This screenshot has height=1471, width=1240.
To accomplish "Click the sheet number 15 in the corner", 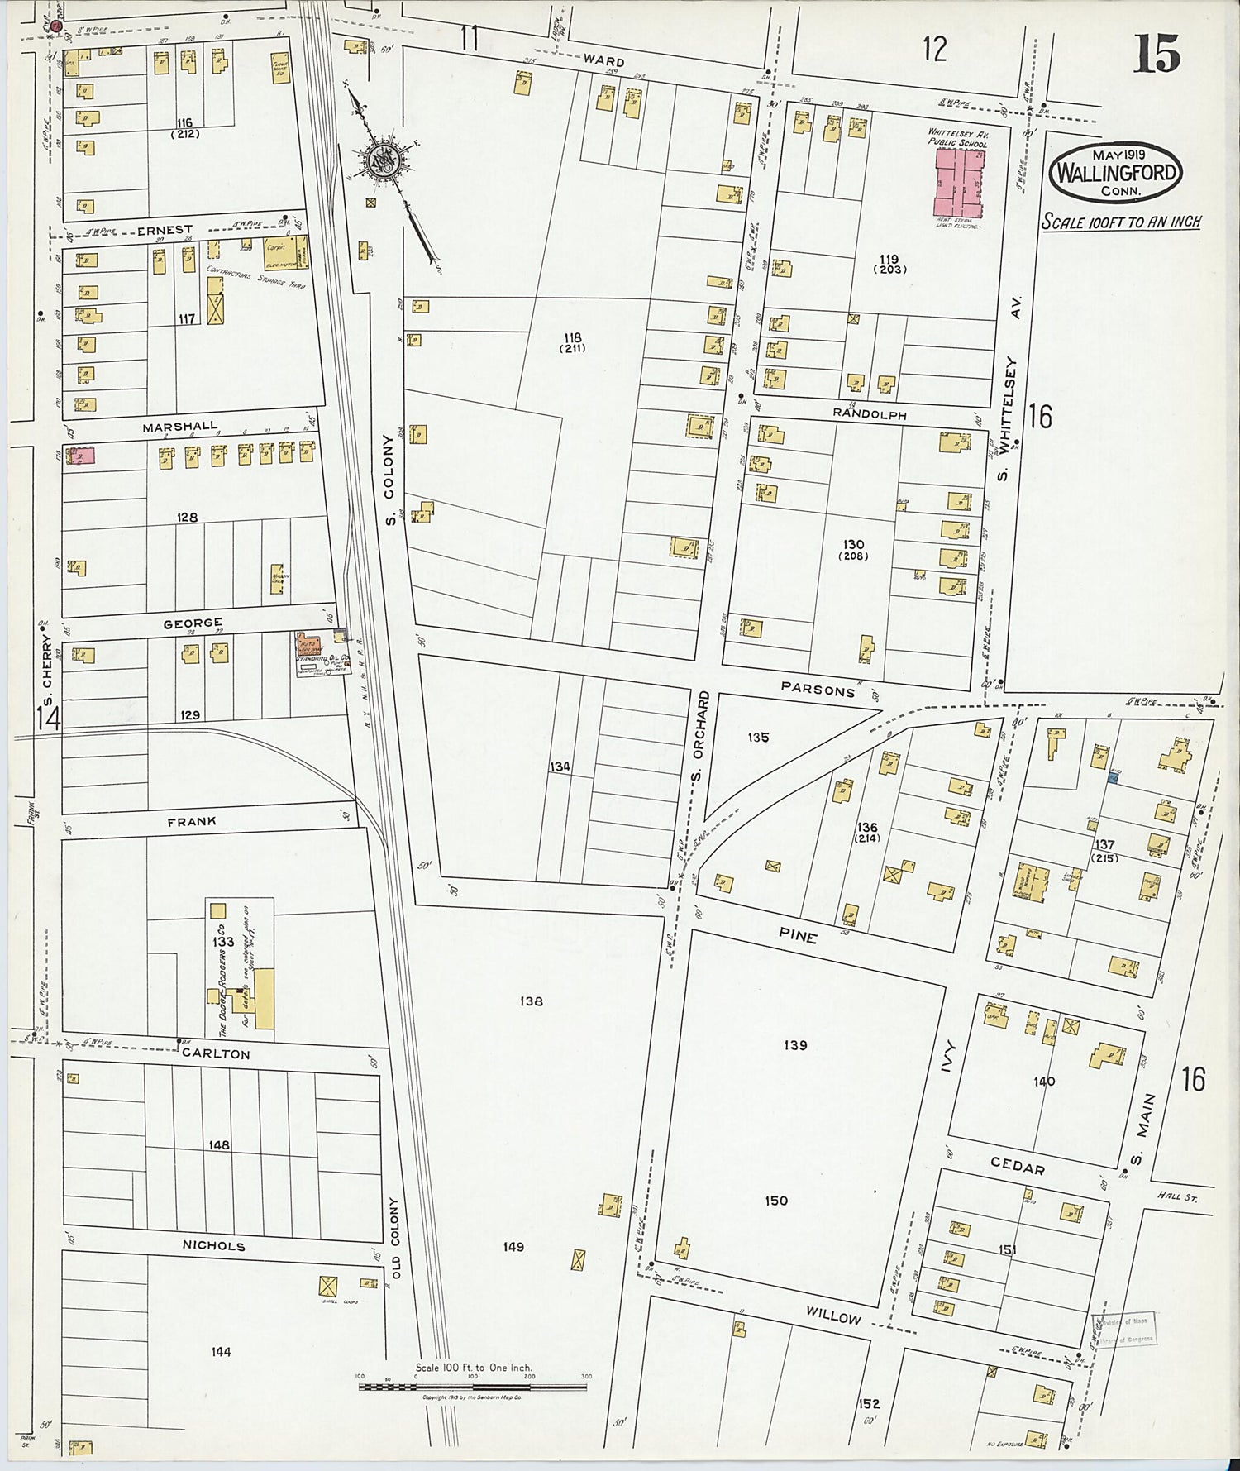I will (1157, 55).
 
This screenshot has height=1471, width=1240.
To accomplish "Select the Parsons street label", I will (818, 690).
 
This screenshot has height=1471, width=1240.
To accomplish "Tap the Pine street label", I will (798, 937).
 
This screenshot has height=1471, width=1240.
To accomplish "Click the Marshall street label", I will (179, 427).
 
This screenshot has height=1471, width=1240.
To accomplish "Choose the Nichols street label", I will (215, 1245).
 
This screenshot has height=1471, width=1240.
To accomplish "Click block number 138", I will (531, 1001).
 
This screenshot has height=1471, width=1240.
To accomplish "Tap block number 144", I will (221, 1352).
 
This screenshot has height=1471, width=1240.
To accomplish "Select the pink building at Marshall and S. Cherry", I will (80, 456).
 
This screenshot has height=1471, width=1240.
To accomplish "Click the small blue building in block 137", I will (1114, 776).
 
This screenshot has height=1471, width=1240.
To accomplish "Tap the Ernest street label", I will (165, 230).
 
